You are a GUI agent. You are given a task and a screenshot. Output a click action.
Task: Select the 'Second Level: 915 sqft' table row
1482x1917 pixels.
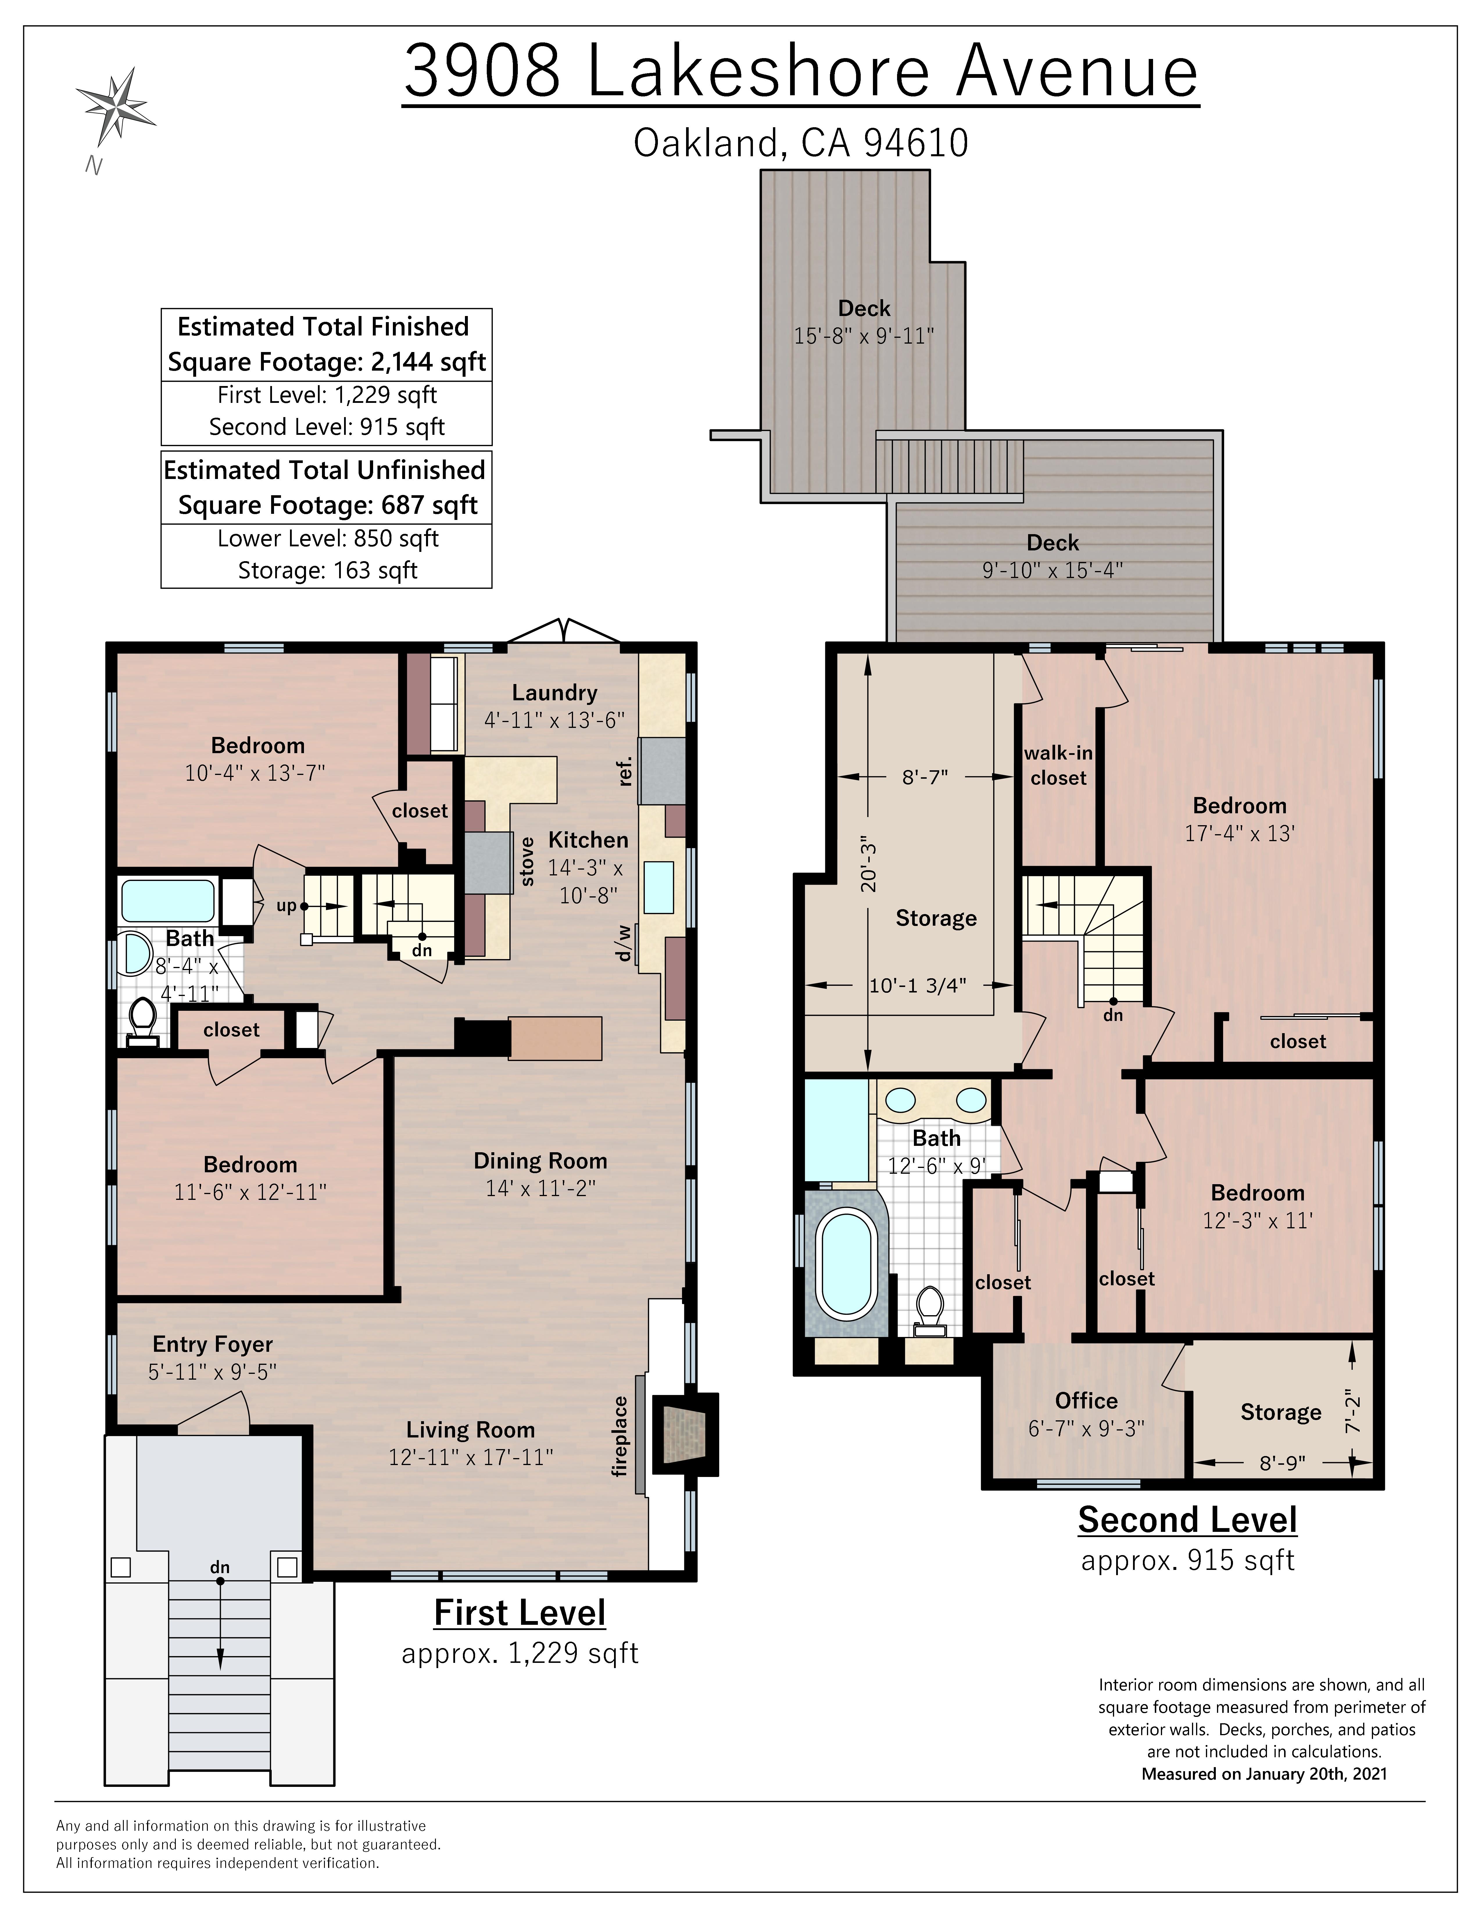click(327, 427)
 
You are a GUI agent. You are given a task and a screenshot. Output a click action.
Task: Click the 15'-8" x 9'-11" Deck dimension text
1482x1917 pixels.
click(864, 336)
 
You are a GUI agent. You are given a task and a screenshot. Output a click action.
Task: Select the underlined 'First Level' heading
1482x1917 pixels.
click(520, 1613)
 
